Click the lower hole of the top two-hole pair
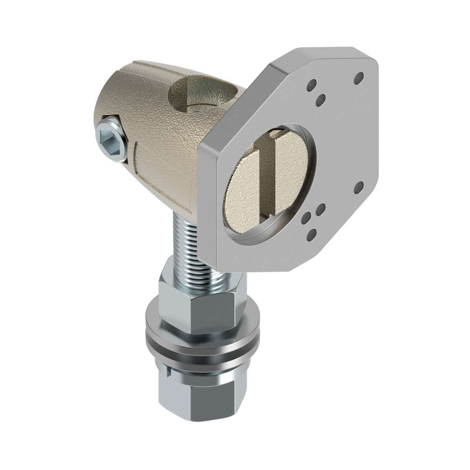(x=321, y=98)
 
